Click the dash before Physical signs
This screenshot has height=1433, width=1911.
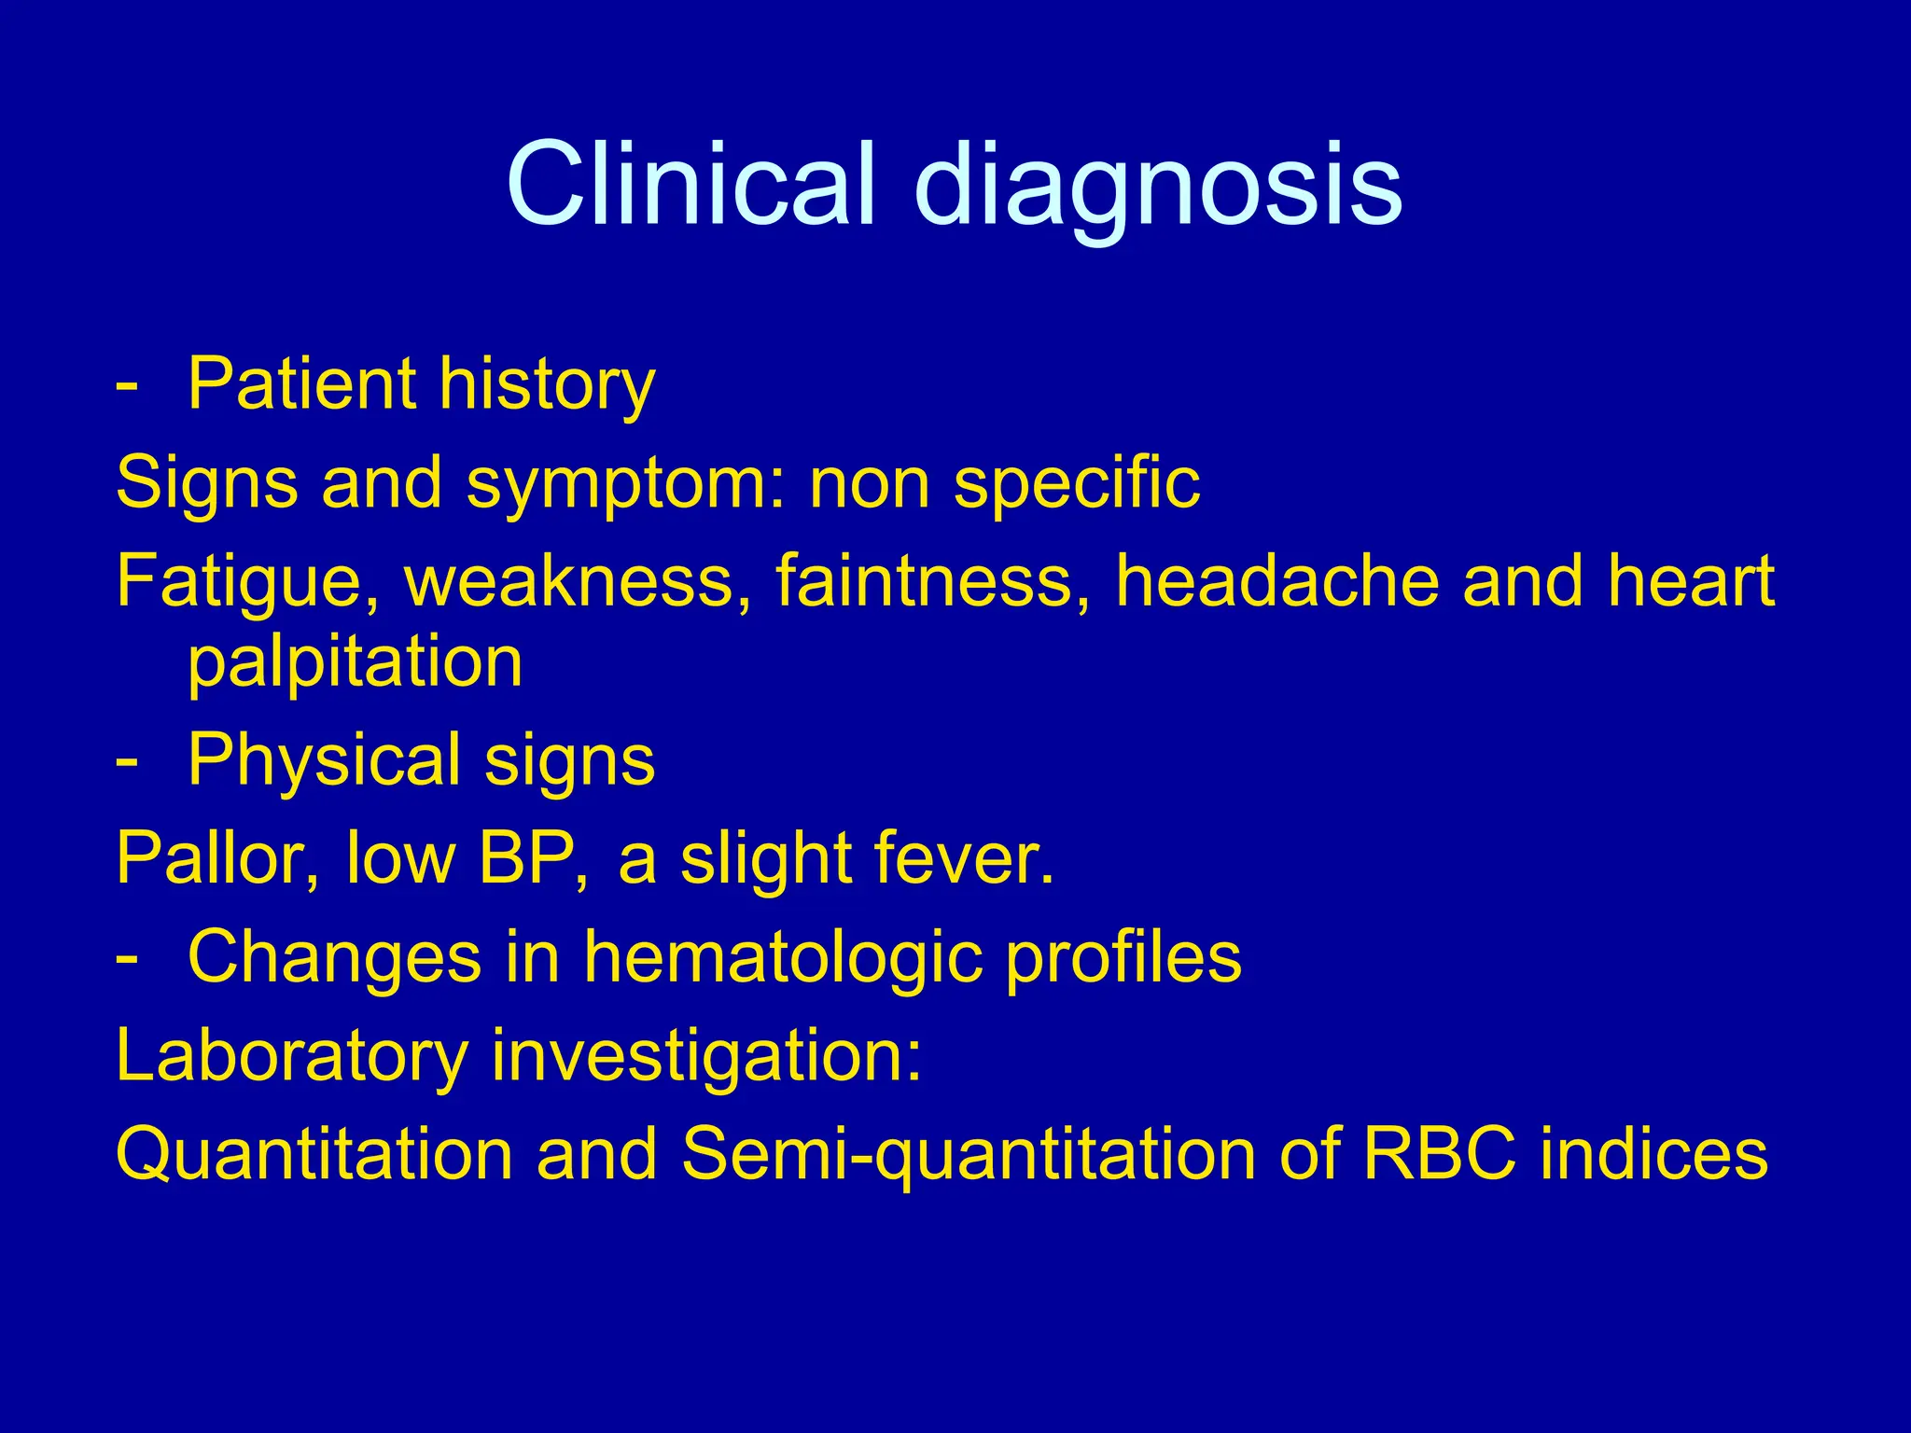[x=127, y=761]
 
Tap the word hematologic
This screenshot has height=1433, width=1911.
[x=783, y=958]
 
